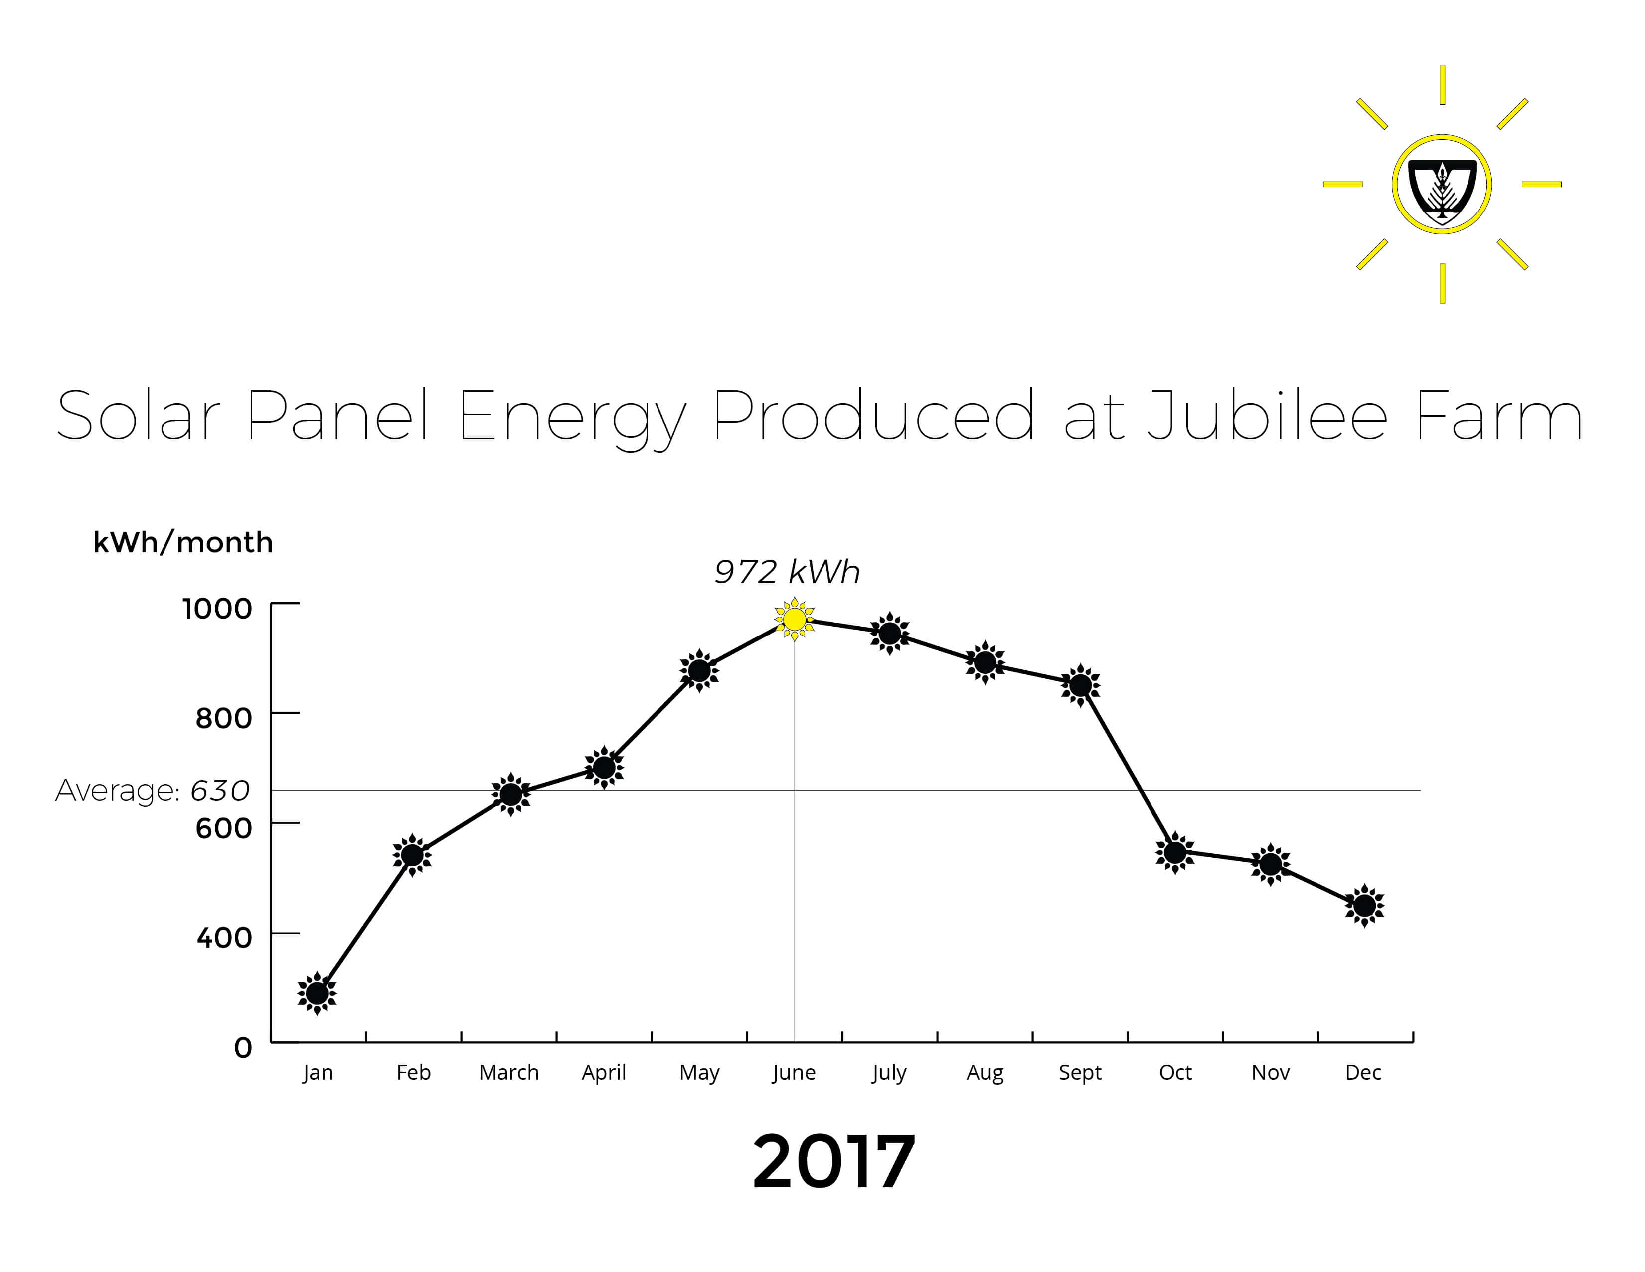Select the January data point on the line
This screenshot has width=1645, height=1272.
coord(317,993)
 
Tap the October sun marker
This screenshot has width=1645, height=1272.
coord(1175,853)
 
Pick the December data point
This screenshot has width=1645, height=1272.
coord(1364,906)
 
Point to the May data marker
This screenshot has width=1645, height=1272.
coord(699,670)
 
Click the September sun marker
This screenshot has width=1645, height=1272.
coord(1080,685)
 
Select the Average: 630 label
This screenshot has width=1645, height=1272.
coord(152,791)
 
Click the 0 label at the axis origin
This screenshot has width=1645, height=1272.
coord(243,1048)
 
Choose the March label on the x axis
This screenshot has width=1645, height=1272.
coord(509,1072)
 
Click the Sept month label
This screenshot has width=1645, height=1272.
coord(1080,1073)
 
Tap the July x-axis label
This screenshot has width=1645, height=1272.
coord(889,1073)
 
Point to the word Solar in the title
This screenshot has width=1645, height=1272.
coord(138,415)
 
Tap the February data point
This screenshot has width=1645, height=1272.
coord(412,855)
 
